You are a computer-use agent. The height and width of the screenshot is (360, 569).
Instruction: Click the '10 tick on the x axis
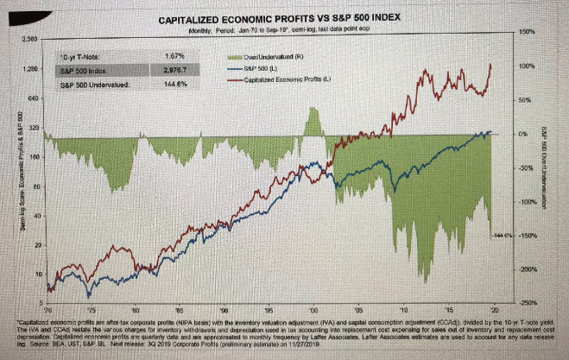403,308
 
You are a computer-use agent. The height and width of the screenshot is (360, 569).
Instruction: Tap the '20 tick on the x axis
492,308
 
